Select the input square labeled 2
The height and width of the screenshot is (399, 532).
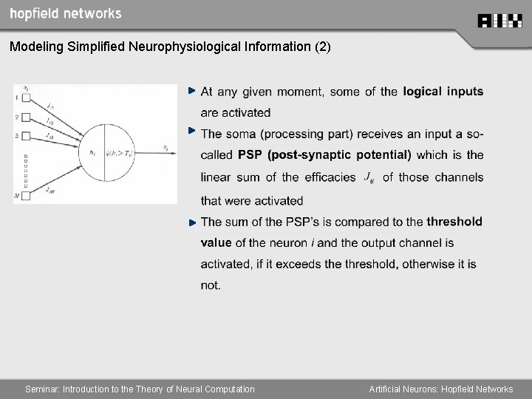[26, 117]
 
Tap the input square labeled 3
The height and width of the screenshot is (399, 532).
[26, 136]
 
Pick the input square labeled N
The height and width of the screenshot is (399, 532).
[26, 196]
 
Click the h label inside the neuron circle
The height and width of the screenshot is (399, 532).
[92, 153]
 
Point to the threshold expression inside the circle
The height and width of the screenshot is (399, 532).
[120, 153]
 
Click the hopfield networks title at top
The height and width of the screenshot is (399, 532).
[66, 13]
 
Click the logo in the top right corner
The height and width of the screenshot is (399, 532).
[499, 21]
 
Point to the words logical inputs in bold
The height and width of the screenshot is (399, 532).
[443, 92]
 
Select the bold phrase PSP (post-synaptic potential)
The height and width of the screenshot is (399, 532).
[324, 155]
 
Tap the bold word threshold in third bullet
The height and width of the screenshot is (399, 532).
[454, 222]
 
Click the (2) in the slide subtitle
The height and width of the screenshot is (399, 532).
[323, 47]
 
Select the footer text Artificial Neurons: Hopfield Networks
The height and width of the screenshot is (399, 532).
[441, 389]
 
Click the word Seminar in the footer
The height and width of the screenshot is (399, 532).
[42, 389]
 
